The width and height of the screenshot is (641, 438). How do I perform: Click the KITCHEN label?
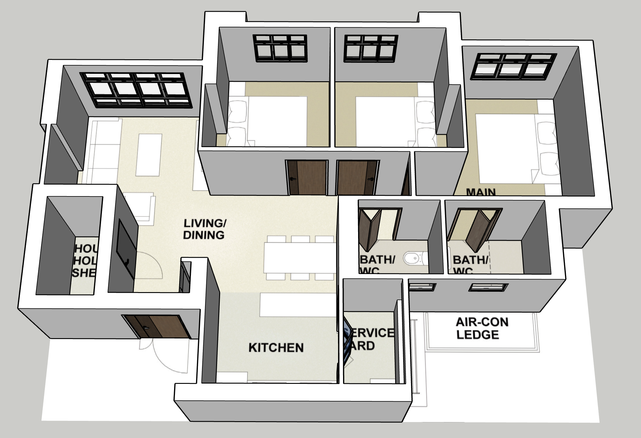pos(276,348)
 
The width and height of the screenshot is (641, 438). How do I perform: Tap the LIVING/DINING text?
pos(204,229)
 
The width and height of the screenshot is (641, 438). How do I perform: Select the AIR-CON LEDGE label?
pos(482,328)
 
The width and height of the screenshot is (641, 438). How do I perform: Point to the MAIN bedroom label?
pos(481,192)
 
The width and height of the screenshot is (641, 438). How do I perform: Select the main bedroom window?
pos(514,66)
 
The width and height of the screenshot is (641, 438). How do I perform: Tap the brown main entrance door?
pos(156,326)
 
